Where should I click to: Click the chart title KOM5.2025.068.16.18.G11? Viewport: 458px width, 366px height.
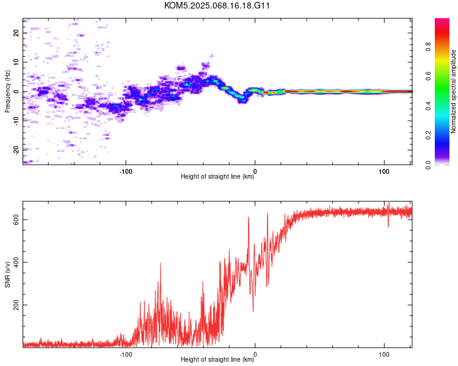(x=217, y=5)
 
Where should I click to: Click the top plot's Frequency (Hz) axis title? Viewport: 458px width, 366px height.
(x=7, y=91)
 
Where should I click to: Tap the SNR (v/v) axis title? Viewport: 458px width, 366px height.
(x=7, y=274)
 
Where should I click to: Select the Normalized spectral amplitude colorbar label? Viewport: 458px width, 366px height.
(x=453, y=91)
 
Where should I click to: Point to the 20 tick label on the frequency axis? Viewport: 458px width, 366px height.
(x=16, y=33)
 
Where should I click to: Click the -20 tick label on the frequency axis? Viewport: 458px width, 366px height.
(x=16, y=150)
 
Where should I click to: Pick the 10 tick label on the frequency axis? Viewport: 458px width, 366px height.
(x=16, y=62)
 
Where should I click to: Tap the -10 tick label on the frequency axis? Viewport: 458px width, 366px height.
(x=16, y=121)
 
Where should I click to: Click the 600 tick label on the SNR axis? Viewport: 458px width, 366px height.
(x=16, y=220)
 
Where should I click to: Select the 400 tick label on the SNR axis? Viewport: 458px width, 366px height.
(x=16, y=262)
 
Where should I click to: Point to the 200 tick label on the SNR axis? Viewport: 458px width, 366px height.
(x=16, y=305)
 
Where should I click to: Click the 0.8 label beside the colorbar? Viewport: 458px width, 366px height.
(x=428, y=47)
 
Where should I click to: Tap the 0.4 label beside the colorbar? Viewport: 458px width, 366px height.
(x=428, y=106)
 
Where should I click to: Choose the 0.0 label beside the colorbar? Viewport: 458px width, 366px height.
(x=428, y=165)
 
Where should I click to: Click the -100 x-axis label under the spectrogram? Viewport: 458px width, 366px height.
(x=126, y=171)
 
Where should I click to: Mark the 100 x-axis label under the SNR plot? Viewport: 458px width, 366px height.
(x=384, y=354)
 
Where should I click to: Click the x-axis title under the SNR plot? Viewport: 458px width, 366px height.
(x=217, y=359)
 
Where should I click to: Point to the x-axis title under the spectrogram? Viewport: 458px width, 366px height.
(x=217, y=176)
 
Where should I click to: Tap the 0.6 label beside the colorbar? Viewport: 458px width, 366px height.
(x=428, y=76)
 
